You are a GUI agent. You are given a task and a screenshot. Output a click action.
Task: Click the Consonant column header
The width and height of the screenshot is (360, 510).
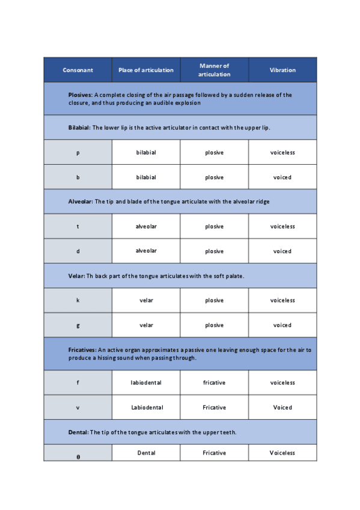click(x=78, y=70)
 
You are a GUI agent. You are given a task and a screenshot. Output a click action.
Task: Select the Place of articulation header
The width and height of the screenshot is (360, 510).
click(x=146, y=70)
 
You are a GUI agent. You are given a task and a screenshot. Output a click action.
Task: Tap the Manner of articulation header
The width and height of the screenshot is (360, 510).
click(x=214, y=70)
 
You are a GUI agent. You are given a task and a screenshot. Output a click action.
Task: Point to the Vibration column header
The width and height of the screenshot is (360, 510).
click(x=282, y=70)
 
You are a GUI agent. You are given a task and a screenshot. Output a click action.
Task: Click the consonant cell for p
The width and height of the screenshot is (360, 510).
click(x=78, y=153)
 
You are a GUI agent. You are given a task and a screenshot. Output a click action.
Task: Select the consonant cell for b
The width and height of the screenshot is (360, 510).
click(x=78, y=177)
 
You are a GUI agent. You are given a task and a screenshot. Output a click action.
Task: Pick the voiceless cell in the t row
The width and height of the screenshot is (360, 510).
click(x=282, y=227)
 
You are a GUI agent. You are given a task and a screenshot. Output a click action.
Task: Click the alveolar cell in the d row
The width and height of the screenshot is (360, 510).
click(x=146, y=251)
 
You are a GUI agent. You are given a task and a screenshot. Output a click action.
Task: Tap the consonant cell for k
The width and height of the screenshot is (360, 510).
click(x=78, y=300)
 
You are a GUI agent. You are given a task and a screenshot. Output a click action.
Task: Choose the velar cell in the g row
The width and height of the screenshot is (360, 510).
click(x=146, y=325)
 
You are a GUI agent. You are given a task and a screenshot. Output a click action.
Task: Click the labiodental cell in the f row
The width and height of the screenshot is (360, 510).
click(x=146, y=382)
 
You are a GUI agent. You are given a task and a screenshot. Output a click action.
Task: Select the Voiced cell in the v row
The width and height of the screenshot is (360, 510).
click(x=282, y=407)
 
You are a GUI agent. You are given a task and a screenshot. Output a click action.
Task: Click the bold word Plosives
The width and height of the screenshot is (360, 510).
click(x=80, y=95)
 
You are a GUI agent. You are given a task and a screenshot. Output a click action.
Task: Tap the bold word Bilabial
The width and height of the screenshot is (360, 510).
click(x=79, y=127)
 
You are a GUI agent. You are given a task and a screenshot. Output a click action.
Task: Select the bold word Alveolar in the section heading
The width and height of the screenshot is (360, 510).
click(x=80, y=201)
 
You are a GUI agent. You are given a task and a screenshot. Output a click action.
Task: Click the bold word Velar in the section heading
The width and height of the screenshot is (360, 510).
click(x=76, y=275)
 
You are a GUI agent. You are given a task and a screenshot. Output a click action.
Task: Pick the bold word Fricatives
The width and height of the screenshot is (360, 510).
click(x=82, y=349)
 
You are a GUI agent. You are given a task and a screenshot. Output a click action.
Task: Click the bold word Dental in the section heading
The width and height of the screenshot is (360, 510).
click(x=78, y=432)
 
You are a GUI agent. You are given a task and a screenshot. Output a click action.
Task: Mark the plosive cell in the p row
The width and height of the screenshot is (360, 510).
click(x=214, y=153)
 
